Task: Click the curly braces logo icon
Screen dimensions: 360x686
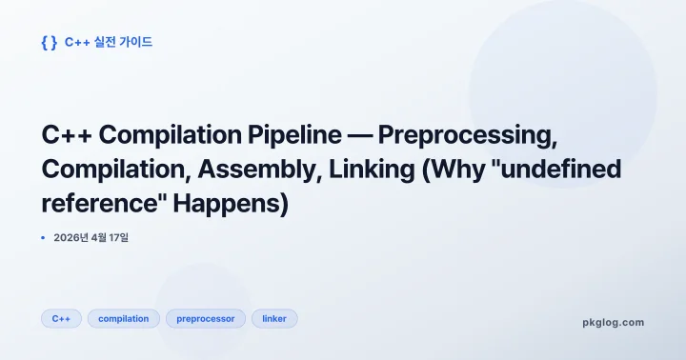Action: (49, 42)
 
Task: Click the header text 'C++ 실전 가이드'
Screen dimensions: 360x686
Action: (109, 42)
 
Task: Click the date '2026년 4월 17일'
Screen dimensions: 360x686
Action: (91, 237)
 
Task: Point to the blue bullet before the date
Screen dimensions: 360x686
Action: (44, 237)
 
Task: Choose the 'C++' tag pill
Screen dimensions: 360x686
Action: (61, 318)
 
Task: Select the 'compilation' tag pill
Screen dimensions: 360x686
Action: (123, 318)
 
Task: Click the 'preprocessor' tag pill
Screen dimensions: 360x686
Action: (206, 318)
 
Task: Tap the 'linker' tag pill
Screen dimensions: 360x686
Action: (274, 318)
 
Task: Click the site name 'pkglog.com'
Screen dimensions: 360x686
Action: (613, 322)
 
